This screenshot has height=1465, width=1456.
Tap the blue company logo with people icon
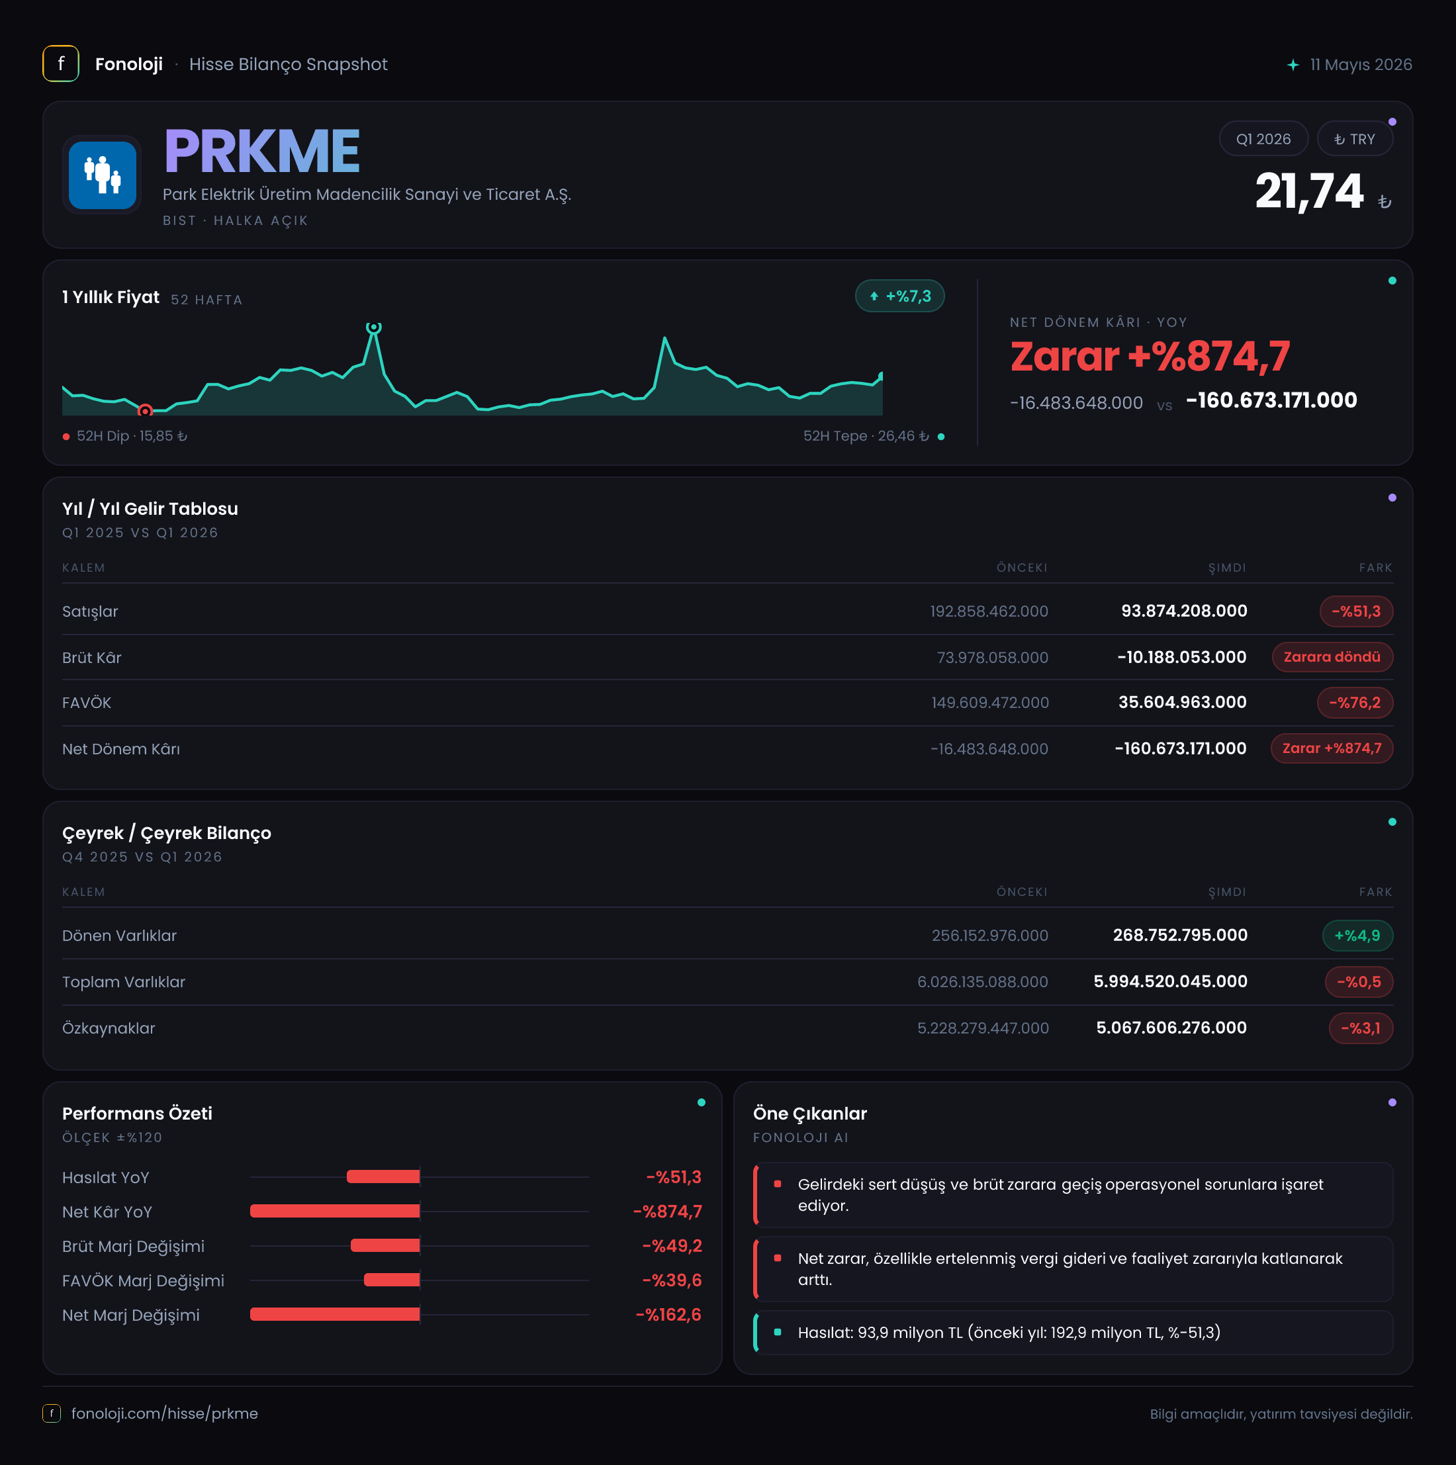tap(103, 175)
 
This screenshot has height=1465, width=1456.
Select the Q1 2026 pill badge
tap(1263, 139)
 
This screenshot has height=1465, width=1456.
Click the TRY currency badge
tap(1354, 139)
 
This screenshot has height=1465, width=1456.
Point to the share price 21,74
tap(1309, 191)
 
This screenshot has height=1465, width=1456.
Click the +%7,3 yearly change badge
tap(900, 296)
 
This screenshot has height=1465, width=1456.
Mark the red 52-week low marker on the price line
tap(145, 411)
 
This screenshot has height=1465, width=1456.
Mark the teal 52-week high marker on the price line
tap(373, 327)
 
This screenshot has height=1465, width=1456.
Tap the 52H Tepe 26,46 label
tap(866, 436)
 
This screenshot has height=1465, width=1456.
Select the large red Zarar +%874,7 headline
tap(1150, 357)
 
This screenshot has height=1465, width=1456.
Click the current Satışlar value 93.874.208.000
tap(1184, 611)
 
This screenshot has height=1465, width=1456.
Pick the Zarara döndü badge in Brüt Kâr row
tap(1332, 656)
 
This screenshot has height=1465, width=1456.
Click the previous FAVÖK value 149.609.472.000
tap(989, 703)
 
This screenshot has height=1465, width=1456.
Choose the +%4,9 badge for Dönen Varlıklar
tap(1357, 936)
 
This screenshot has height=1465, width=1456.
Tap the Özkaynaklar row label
tap(109, 1028)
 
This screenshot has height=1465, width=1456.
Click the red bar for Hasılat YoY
tap(383, 1177)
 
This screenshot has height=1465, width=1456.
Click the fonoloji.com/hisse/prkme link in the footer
tap(165, 1413)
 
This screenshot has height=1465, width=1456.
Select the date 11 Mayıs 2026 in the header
tap(1361, 64)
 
